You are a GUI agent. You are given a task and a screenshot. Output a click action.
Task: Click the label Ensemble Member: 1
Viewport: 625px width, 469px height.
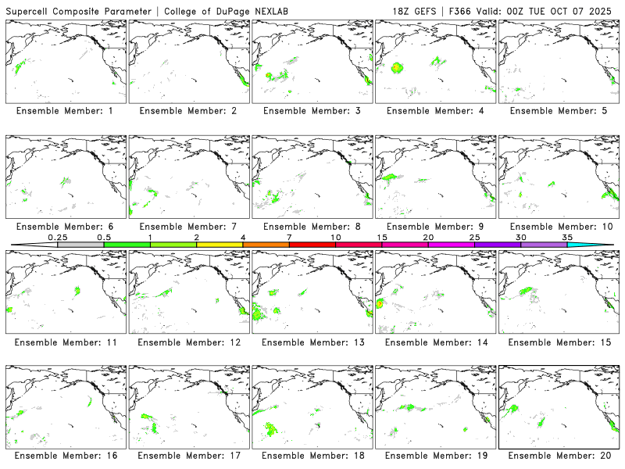(x=65, y=110)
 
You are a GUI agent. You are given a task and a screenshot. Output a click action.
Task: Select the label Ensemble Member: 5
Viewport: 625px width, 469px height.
(x=558, y=110)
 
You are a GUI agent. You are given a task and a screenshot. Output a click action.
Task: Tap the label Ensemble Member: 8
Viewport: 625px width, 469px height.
(x=312, y=226)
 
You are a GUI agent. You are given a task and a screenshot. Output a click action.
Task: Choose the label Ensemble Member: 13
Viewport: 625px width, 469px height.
(x=312, y=342)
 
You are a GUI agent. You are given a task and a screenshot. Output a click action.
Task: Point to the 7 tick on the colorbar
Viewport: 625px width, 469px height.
(x=289, y=236)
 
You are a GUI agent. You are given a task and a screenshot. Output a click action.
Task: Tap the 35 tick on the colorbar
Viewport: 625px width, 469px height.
(x=567, y=236)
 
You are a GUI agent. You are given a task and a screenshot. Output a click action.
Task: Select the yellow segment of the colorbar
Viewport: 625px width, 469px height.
(x=220, y=245)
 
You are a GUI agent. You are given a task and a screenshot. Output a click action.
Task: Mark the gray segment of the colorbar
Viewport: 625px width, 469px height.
(x=80, y=245)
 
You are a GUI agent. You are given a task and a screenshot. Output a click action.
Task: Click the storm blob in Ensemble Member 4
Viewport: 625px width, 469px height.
(x=397, y=68)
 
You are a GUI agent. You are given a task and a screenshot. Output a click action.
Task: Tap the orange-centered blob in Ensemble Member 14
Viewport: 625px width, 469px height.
(x=380, y=303)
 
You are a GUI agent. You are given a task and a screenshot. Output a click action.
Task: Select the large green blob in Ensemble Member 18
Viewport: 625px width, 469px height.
(x=272, y=428)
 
